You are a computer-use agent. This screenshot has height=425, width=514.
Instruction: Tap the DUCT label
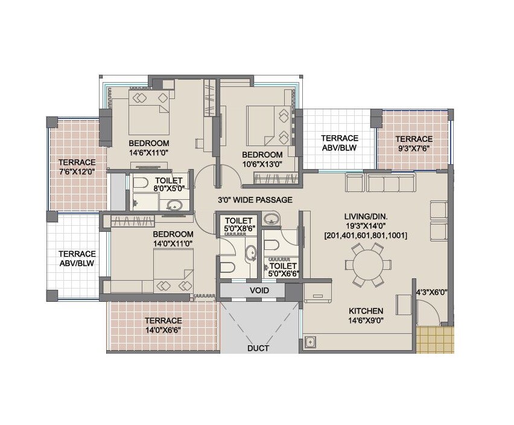pos(258,348)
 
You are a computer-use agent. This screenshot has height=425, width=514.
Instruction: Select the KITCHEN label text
pos(366,311)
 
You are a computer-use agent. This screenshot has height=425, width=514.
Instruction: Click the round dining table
pos(366,264)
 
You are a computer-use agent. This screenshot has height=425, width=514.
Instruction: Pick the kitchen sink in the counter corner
pos(311,343)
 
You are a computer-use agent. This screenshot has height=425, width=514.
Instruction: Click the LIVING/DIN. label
pos(365,216)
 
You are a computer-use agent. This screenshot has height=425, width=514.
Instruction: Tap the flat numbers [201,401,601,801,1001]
pos(365,235)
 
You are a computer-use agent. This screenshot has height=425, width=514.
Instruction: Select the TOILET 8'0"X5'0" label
pos(168,185)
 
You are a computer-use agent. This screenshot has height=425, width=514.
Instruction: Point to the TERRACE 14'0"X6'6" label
pos(163,325)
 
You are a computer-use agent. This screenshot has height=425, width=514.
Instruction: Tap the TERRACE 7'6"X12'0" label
pos(77,167)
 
